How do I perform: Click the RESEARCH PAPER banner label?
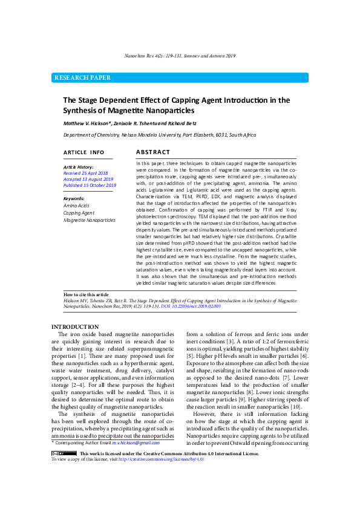[x=83, y=77]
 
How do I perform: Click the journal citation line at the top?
[x=180, y=55]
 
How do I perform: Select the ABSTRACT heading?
[x=153, y=152]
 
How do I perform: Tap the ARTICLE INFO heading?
[x=84, y=152]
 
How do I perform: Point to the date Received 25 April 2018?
[x=85, y=173]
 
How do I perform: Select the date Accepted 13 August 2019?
[x=88, y=179]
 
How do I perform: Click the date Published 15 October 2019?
[x=90, y=186]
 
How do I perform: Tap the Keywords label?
[x=74, y=199]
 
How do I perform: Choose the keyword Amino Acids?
[x=76, y=206]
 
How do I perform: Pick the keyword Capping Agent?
[x=79, y=213]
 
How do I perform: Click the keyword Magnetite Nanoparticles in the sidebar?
[x=89, y=220]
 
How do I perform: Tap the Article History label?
[x=78, y=166]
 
